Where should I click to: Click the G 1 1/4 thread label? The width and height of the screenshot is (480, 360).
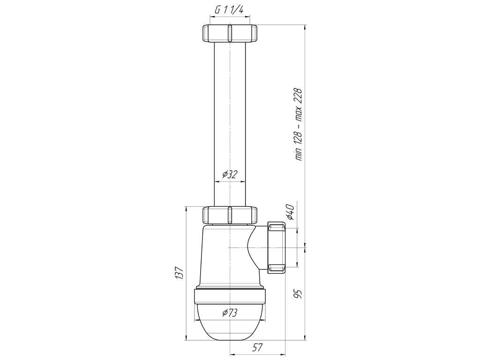(x=229, y=10)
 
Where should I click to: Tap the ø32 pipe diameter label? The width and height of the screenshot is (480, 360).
(x=230, y=174)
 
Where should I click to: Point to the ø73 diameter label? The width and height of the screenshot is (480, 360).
(x=230, y=313)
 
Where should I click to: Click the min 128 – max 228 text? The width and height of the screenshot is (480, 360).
(x=299, y=124)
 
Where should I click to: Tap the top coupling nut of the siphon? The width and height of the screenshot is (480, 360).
(x=229, y=33)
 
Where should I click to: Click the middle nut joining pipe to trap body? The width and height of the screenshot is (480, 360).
(x=229, y=215)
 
